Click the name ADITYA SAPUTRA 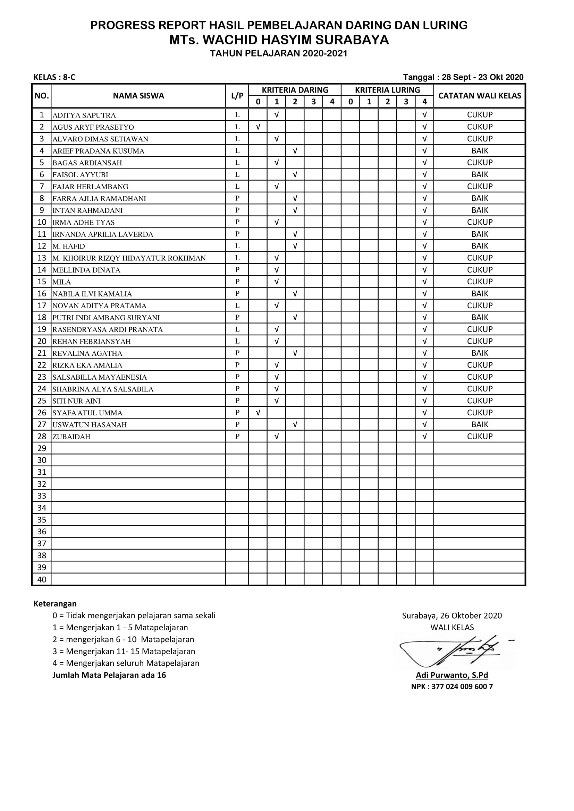click(x=84, y=115)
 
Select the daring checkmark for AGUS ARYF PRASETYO click(x=258, y=127)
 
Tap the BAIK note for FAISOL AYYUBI click(x=479, y=174)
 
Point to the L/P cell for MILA click(x=237, y=282)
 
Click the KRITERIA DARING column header click(x=295, y=90)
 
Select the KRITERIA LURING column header click(x=387, y=90)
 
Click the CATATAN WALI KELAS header click(x=479, y=96)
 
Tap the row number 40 click(x=42, y=580)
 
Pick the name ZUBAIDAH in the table click(x=71, y=437)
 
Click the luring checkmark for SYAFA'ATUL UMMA click(x=424, y=413)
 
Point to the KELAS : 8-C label click(x=54, y=77)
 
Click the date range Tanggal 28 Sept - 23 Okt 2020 click(x=463, y=77)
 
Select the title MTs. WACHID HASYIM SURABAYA click(x=279, y=40)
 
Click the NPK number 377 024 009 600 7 click(x=452, y=687)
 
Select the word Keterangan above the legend click(x=55, y=604)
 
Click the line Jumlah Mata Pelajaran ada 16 click(x=109, y=675)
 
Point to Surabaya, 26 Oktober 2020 click(x=452, y=616)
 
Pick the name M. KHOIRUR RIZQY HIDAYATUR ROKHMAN click(x=129, y=258)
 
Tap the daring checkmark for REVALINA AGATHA click(x=295, y=353)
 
